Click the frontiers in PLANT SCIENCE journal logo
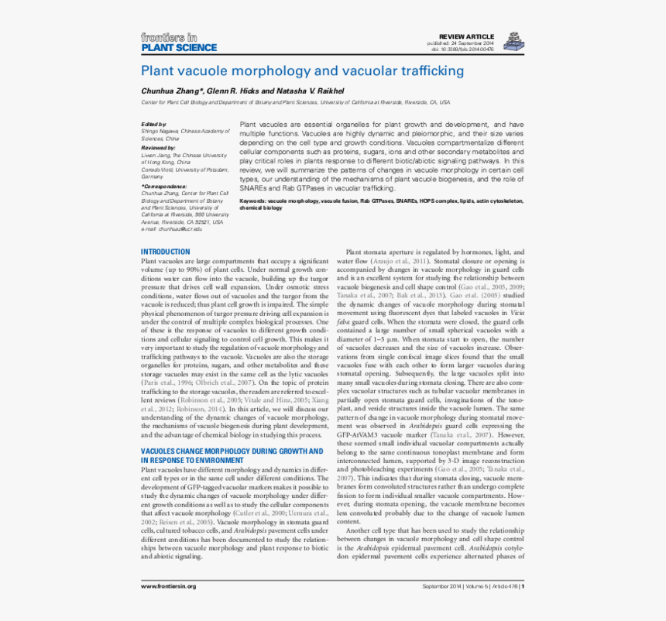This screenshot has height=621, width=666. [178, 42]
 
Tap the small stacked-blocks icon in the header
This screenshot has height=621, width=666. [512, 41]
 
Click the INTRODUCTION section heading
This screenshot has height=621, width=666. [165, 252]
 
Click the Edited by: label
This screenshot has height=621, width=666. [153, 125]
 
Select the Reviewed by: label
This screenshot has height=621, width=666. [158, 148]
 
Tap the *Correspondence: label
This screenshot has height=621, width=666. [163, 187]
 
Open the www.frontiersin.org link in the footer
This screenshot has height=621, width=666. [168, 586]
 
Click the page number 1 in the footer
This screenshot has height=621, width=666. [524, 586]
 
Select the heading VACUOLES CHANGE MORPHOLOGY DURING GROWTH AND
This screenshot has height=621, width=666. [232, 451]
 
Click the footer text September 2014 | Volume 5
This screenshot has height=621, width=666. [455, 586]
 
